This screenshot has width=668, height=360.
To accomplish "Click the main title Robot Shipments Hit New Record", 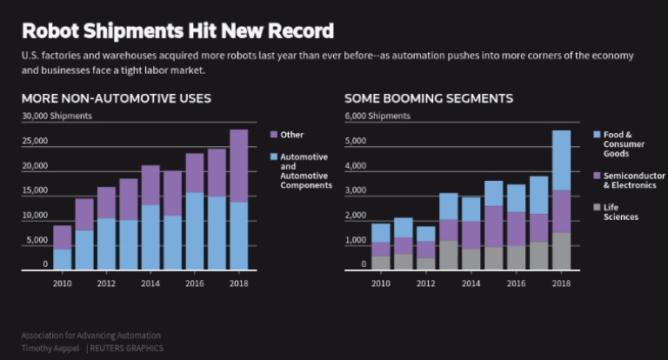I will [x=177, y=31].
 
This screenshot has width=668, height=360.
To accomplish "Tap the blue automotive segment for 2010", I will [x=62, y=260].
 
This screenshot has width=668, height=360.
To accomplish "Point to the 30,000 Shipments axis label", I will [x=57, y=116].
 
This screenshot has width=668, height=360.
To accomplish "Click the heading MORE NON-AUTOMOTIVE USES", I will [x=116, y=98].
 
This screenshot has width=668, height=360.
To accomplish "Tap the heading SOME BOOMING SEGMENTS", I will [x=428, y=98].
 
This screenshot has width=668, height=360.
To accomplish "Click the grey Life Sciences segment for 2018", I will [x=561, y=251].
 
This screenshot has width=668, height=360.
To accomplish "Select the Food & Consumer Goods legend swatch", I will [x=596, y=135].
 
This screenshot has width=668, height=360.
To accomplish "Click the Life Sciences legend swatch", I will [x=596, y=207].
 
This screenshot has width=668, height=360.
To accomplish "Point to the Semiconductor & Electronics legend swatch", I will [x=596, y=176].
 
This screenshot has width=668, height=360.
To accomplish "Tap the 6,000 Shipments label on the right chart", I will [x=379, y=116].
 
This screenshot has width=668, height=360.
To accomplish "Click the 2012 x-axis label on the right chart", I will [x=426, y=283].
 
